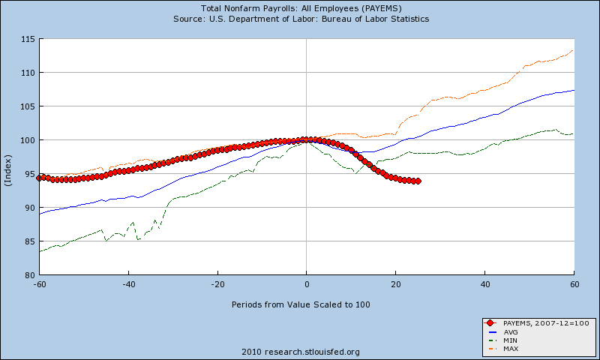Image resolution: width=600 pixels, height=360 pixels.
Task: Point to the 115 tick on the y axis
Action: (x=28, y=38)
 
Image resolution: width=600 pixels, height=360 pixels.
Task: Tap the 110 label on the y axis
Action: (x=28, y=73)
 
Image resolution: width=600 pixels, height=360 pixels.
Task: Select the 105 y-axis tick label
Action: (x=28, y=106)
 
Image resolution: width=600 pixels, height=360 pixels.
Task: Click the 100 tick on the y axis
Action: (x=28, y=140)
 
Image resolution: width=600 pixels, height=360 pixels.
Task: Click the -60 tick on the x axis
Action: (x=39, y=284)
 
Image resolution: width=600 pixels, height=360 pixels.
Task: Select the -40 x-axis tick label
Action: (x=128, y=284)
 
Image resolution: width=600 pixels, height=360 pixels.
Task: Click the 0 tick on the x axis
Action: (x=306, y=284)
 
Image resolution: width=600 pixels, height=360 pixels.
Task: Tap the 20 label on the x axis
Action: (x=395, y=284)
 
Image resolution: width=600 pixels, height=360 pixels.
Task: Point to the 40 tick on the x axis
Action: (x=484, y=284)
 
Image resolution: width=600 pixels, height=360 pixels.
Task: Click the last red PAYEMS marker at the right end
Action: (x=417, y=181)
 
